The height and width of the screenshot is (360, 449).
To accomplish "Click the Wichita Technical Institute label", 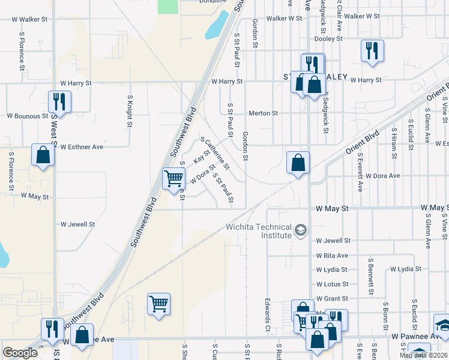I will click(259, 231).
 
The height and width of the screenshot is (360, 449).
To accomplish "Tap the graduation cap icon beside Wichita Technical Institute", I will click(301, 230).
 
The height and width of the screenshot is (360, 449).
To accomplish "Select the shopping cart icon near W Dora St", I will click(173, 178).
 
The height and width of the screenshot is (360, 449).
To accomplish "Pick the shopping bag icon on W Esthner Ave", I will click(43, 155).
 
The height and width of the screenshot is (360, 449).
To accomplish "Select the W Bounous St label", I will click(28, 115).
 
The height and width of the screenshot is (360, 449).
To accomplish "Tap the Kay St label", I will click(202, 157).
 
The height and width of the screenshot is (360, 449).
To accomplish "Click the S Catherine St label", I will click(215, 153).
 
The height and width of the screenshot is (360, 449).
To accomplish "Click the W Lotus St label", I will click(333, 284).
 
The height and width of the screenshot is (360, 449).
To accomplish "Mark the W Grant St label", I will click(333, 298).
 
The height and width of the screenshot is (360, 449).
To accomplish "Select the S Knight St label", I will click(130, 110).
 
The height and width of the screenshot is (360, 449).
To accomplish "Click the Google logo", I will click(20, 353).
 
